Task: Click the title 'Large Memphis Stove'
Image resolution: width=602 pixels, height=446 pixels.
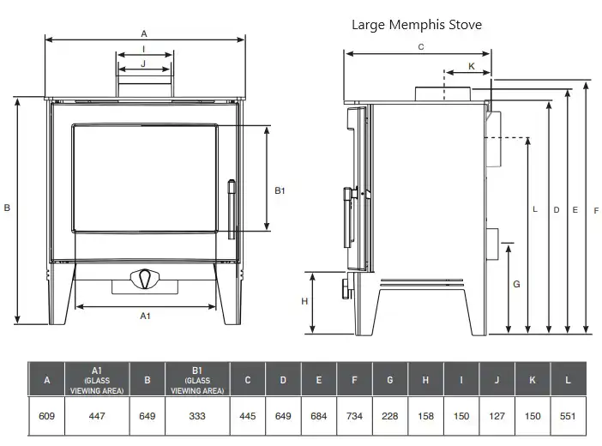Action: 417,25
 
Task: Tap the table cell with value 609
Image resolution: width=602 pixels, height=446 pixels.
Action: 46,416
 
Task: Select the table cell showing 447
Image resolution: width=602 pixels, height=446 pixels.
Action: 97,416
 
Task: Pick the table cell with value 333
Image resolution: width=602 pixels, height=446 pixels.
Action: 197,416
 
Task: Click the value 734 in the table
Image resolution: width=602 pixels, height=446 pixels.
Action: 354,416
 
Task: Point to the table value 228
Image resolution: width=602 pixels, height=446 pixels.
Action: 389,416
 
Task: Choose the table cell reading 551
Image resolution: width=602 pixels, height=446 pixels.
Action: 568,416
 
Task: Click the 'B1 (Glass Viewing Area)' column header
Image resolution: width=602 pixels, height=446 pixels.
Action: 197,380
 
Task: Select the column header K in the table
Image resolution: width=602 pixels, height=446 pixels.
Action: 533,380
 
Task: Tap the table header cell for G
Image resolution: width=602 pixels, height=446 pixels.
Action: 389,380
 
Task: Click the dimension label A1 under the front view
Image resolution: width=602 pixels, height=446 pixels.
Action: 145,316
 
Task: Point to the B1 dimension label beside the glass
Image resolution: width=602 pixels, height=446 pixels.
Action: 280,190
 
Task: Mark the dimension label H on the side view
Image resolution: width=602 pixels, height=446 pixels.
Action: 304,301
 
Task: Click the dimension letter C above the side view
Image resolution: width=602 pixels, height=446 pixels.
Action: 421,47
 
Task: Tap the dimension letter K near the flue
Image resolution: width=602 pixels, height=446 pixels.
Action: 472,66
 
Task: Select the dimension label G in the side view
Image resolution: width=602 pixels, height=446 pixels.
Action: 516,284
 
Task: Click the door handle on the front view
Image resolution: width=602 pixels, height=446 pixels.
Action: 232,209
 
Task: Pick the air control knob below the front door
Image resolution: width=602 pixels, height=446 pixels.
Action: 145,279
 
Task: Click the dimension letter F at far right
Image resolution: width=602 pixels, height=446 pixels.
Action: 596,210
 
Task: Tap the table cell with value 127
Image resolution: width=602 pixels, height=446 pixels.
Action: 497,416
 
